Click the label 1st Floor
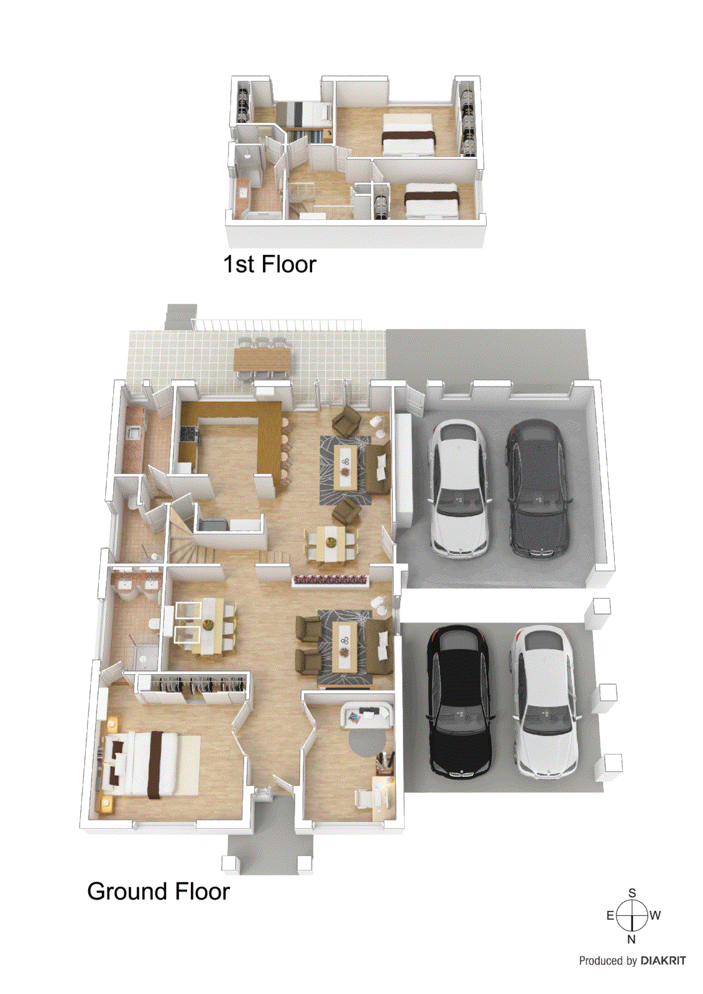point(270,264)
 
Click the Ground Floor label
point(159,891)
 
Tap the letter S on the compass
point(632,893)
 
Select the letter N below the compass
point(632,939)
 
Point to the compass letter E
point(610,915)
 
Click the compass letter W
point(655,915)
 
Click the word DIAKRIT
point(663,960)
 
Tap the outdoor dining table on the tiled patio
point(262,360)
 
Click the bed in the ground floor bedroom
point(151,765)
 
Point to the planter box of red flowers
point(331,580)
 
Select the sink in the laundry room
point(133,432)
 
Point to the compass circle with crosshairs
point(632,916)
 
